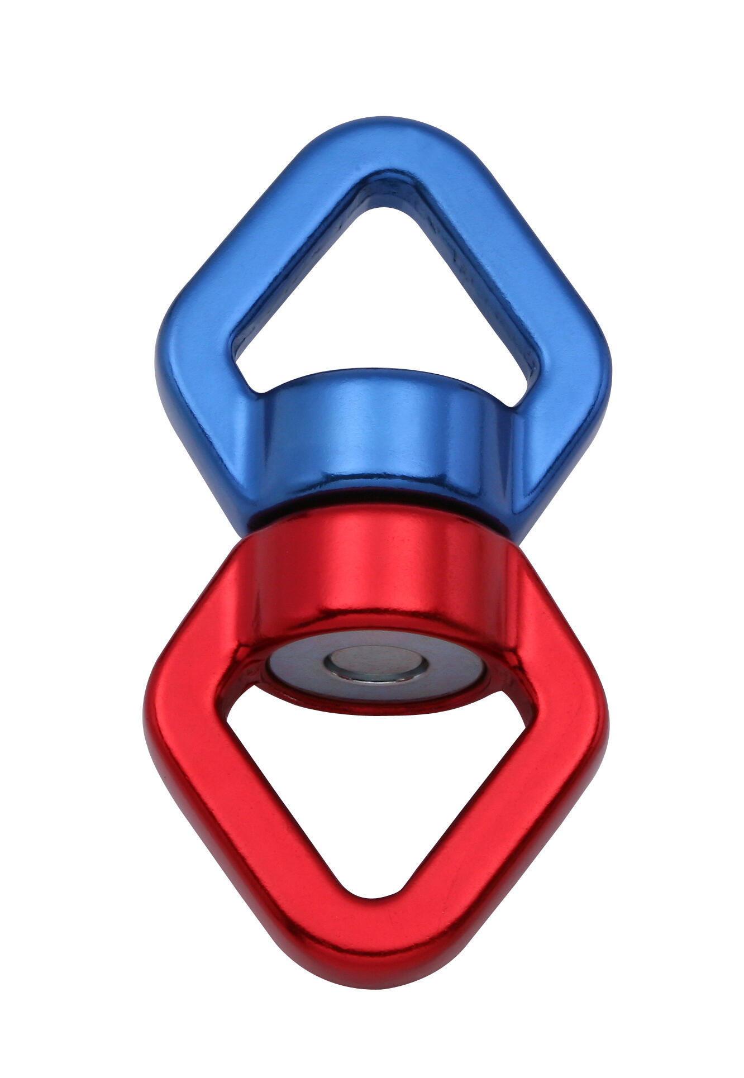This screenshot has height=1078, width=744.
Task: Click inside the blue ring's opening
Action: pos(385,279)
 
